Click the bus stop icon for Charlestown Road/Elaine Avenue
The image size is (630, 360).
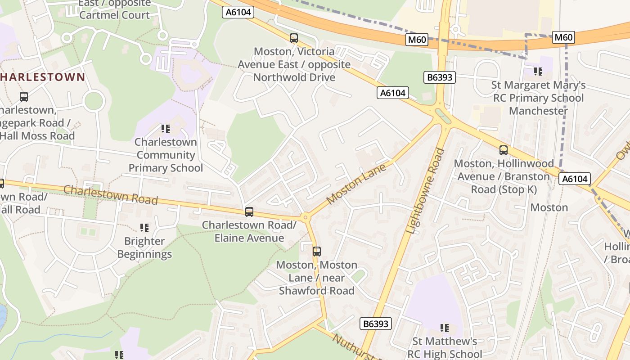point(249,211)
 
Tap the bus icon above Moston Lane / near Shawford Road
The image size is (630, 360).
point(317,252)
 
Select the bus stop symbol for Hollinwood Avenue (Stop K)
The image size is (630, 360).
point(504,150)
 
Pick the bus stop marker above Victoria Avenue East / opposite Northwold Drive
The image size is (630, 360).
point(294,38)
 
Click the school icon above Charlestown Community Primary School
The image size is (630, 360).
point(166,129)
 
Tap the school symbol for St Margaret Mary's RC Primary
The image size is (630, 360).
point(538,71)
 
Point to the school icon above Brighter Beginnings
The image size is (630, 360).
point(144,228)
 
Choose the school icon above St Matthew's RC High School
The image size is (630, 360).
point(445,328)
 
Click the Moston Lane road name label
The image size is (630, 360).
point(356,184)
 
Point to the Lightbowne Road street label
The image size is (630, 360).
point(425,191)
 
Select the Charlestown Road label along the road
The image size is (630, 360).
point(111,194)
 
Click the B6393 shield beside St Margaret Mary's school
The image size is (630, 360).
point(440,77)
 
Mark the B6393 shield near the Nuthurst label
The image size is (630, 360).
point(376,324)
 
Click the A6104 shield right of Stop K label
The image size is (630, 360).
point(575,179)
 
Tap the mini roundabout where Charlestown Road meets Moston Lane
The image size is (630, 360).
point(306,218)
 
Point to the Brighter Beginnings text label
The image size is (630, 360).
point(144,247)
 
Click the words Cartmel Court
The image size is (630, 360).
point(114,15)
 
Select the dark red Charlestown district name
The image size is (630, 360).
point(43,77)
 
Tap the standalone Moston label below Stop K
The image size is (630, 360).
point(549,207)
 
